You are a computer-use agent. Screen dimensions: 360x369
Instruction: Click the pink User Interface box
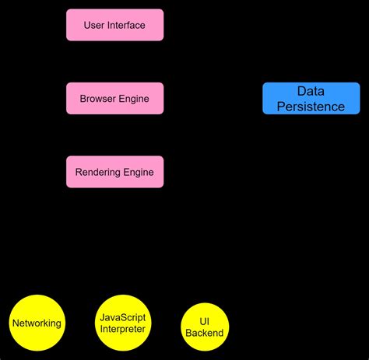[x=114, y=25]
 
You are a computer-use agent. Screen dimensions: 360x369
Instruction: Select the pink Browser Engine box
[x=114, y=99]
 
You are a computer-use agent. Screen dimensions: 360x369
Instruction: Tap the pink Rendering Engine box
[x=114, y=172]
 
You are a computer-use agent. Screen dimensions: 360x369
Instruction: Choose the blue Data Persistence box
[x=311, y=99]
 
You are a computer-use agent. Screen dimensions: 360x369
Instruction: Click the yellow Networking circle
[x=37, y=323]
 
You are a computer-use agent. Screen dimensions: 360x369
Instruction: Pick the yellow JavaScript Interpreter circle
[x=122, y=323]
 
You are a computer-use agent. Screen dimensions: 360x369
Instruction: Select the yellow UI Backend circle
[x=205, y=327]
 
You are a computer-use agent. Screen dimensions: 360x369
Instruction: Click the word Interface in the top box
[x=127, y=25]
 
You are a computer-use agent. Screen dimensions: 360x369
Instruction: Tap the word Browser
[x=98, y=99]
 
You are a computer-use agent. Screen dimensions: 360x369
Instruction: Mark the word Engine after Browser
[x=134, y=99]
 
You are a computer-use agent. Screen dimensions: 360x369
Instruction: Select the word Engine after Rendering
[x=138, y=172]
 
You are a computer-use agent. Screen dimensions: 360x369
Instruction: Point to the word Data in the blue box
[x=311, y=91]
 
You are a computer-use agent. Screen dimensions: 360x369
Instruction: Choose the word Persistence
[x=311, y=107]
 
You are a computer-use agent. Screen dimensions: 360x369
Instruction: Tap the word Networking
[x=37, y=323]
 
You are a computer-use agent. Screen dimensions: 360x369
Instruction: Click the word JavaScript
[x=122, y=317]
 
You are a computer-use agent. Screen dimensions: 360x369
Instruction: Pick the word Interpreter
[x=122, y=329]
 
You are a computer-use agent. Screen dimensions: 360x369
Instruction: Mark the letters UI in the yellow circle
[x=205, y=320]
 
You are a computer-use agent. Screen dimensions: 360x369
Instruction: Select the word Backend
[x=205, y=333]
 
